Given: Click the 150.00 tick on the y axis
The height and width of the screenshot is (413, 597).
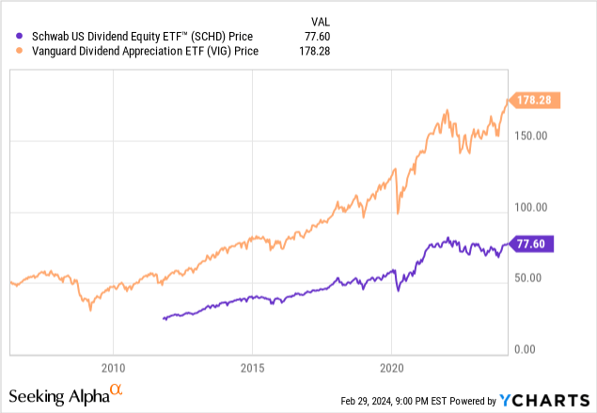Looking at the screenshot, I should click(x=531, y=136).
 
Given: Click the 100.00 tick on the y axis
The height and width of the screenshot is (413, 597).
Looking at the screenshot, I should click(x=531, y=207).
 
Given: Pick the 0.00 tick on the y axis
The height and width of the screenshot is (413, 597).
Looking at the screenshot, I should click(x=537, y=349).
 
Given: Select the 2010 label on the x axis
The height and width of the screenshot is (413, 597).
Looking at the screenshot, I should click(x=113, y=366).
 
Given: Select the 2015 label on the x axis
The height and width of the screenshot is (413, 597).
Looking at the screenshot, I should click(x=253, y=366).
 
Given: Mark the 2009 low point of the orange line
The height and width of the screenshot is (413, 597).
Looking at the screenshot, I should click(x=90, y=310).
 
